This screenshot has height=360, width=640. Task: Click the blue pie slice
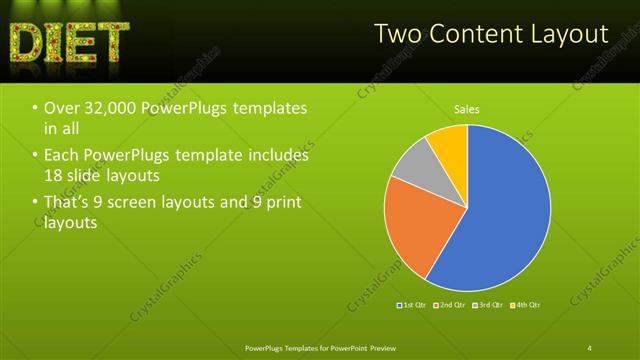point(500,210)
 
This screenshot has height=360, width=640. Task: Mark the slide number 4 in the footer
point(590,347)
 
